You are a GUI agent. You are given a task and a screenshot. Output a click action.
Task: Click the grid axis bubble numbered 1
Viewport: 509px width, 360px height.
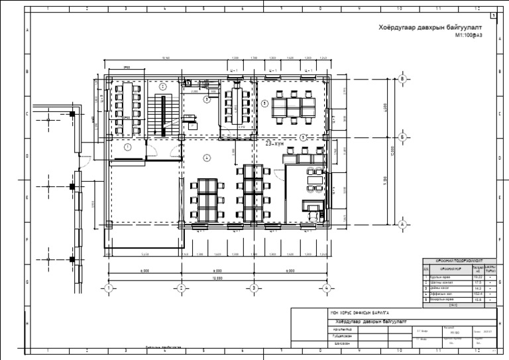click(x=109, y=288)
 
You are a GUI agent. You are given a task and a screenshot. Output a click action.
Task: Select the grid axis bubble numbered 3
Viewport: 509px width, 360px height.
click(x=253, y=288)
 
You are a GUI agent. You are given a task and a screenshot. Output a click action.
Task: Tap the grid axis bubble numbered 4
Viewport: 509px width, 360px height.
click(x=326, y=288)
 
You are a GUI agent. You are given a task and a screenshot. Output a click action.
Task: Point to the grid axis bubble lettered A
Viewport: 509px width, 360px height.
click(x=402, y=224)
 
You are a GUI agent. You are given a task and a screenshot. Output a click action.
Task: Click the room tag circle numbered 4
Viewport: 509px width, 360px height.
click(x=207, y=157)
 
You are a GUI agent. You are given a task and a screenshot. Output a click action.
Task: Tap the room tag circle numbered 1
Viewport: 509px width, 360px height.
click(x=127, y=148)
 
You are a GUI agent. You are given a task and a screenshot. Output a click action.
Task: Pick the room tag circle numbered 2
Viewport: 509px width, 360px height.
click(x=163, y=86)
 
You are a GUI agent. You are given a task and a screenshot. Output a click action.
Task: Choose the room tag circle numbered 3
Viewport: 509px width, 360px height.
click(x=207, y=99)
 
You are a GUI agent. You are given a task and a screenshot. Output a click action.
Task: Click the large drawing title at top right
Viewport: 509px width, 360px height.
click(x=421, y=29)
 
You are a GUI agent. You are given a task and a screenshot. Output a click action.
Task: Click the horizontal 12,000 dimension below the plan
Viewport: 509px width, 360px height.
click(x=217, y=278)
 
